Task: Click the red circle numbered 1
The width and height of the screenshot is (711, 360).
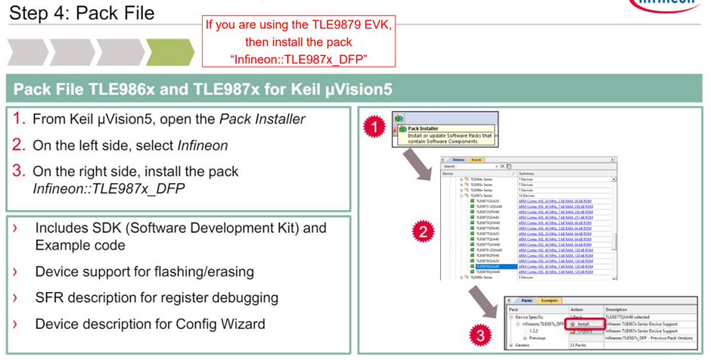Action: [x=374, y=127]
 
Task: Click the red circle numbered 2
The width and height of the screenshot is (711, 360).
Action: [x=424, y=232]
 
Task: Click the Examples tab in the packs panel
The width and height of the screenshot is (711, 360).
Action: [x=549, y=301]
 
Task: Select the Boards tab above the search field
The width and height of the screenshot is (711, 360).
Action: [x=476, y=160]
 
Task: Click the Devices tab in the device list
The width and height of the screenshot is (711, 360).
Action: [x=458, y=160]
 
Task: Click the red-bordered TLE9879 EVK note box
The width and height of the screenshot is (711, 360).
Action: [x=299, y=42]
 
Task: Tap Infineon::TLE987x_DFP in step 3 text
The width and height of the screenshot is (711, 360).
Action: [x=108, y=188]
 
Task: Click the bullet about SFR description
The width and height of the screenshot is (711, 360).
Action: [x=157, y=297]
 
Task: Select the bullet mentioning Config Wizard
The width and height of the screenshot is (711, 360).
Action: [x=150, y=324]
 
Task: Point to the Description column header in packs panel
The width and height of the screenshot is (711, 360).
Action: [x=616, y=309]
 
